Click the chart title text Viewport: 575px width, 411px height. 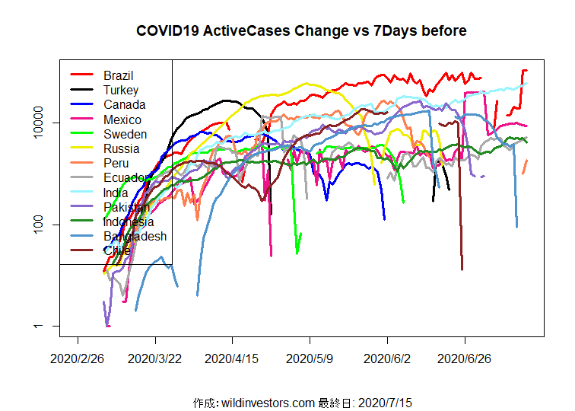tap(301, 31)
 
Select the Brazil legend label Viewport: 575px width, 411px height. tap(119, 75)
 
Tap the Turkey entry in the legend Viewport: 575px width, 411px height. tap(121, 90)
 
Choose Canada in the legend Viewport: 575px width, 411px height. tap(124, 105)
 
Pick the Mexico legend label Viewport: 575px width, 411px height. tap(122, 119)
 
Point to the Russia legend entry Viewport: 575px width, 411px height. tap(122, 148)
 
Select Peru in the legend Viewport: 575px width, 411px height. tap(116, 164)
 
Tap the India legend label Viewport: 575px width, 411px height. tap(116, 193)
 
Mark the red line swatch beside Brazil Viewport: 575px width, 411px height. tap(81, 75)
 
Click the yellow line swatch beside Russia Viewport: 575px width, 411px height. tap(81, 148)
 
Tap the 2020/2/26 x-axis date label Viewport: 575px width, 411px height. tap(78, 357)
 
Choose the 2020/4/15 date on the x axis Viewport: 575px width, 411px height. tap(233, 357)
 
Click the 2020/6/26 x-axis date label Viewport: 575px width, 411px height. tap(465, 357)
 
